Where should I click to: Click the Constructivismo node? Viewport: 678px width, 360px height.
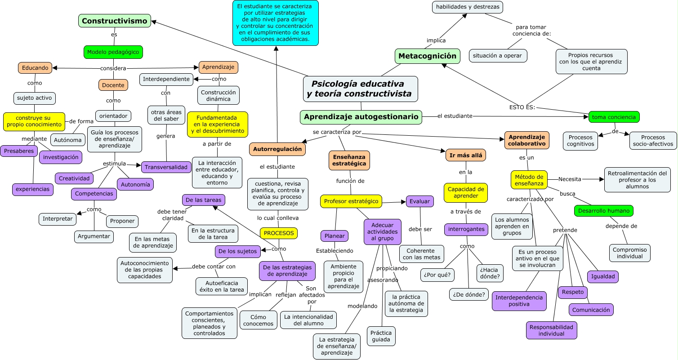tap(114, 21)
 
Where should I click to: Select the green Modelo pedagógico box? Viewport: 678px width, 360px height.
tap(113, 52)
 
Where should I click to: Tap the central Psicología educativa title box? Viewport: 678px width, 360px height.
tap(360, 89)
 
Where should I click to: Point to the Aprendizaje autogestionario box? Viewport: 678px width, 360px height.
tap(361, 117)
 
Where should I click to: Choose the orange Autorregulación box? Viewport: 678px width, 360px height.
tap(277, 149)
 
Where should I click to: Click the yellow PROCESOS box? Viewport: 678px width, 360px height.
tap(278, 233)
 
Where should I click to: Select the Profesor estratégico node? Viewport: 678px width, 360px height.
tap(351, 201)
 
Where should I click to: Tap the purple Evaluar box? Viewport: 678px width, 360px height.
tap(419, 201)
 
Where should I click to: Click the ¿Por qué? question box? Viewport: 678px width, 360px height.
tap(437, 275)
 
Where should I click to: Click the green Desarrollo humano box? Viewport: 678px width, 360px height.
tap(603, 210)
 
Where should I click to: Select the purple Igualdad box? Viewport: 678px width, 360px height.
tap(602, 277)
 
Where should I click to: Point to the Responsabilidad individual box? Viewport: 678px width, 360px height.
tap(551, 330)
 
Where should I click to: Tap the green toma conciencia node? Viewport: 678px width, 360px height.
tap(614, 117)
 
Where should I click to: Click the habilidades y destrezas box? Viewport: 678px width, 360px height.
tap(467, 7)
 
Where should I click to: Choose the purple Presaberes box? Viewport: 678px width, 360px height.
tap(19, 151)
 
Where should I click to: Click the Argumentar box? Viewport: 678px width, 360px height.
tap(94, 236)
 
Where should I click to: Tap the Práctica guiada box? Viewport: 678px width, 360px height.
tap(381, 336)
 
